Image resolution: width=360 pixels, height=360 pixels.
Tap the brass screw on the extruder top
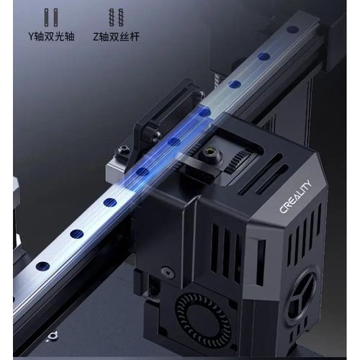click(212, 152)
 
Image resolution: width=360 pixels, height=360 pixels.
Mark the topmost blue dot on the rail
click(292, 30)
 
